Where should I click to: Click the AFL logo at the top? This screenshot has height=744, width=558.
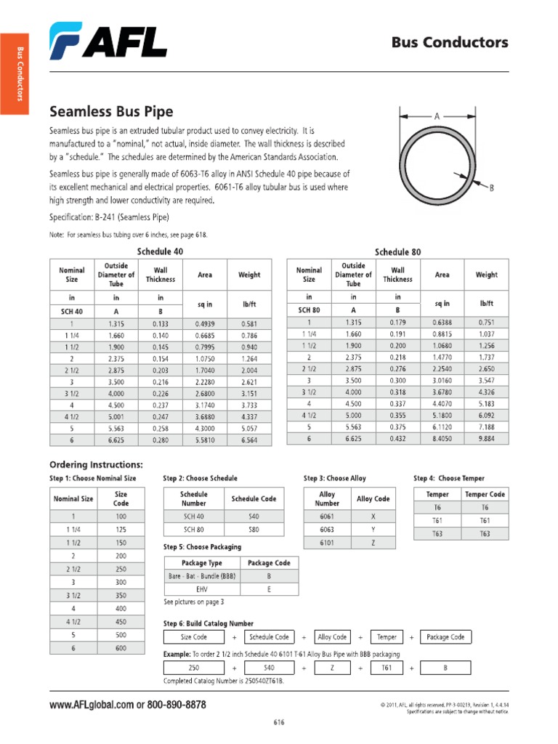coord(108,41)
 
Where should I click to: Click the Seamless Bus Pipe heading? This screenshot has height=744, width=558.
coord(111,112)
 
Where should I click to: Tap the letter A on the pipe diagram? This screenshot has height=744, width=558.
coord(437,116)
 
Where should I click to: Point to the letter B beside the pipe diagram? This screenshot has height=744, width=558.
coord(491,187)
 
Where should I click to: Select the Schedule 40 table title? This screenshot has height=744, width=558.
coord(160,251)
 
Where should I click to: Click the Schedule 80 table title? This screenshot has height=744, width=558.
coord(397,252)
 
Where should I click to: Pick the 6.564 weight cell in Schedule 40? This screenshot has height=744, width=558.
coord(248,440)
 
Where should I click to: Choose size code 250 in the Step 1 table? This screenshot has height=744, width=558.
coord(121,569)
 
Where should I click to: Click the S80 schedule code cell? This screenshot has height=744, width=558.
coord(253,530)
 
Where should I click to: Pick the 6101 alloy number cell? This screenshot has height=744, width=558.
coord(327,543)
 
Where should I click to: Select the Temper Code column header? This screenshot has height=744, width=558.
coord(485,494)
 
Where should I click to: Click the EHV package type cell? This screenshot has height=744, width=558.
coord(202,589)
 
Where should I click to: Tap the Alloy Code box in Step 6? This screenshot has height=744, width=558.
coord(332,637)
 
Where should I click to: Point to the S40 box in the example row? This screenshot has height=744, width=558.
coord(269,667)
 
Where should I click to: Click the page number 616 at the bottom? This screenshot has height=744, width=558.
coord(279,722)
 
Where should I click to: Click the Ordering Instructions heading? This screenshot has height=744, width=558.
coord(96,464)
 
